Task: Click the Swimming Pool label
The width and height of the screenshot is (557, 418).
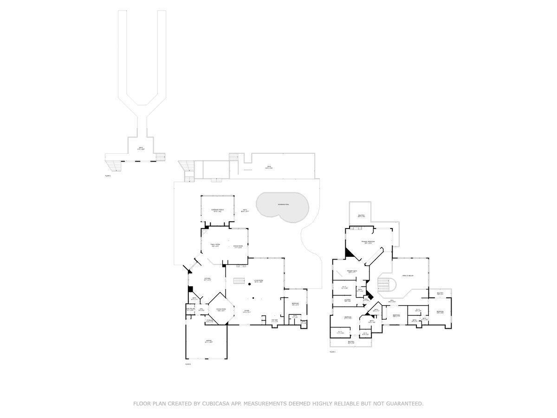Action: point(283,204)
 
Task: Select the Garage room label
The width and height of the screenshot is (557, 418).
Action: point(208,341)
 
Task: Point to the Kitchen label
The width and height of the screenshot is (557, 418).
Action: point(208,279)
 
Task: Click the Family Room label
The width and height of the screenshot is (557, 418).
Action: point(215,245)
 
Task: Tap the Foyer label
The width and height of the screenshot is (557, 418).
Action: point(246,311)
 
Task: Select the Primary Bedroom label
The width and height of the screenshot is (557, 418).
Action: point(368,242)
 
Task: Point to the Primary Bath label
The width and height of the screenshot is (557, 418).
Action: point(352,271)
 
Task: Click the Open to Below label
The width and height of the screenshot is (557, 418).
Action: point(408,276)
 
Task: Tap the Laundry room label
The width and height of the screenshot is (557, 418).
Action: point(347,300)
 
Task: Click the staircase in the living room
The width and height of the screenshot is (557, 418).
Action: point(239,281)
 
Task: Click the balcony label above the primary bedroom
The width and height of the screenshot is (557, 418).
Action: point(361,216)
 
